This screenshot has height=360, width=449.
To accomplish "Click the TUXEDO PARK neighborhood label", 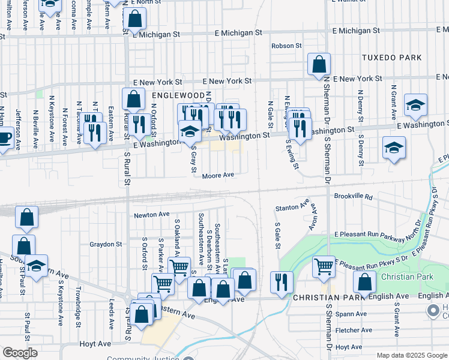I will coord(391,58).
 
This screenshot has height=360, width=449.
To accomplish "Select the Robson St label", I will coord(286,46).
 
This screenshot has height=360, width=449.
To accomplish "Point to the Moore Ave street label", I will coord(217,176).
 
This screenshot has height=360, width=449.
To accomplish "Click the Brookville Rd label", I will coord(354,196).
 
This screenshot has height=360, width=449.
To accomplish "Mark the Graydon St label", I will coord(106,244).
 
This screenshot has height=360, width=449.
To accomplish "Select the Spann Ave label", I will coord(351,314).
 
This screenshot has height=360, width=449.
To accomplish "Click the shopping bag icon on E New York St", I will coord(319,65).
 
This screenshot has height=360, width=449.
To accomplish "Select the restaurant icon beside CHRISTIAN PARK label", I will coord(281,282).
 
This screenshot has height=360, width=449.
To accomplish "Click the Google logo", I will coord(20,353).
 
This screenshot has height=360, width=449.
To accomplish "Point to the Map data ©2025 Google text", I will coord(411,355).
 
